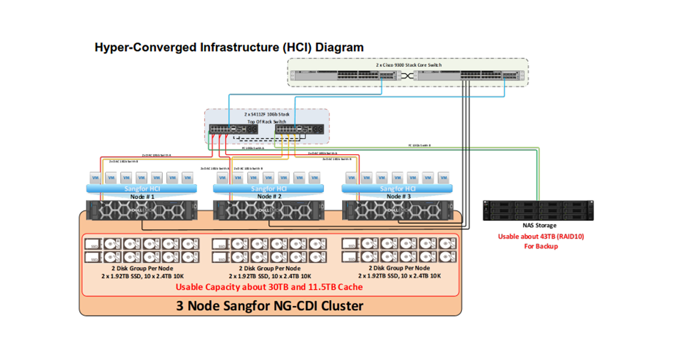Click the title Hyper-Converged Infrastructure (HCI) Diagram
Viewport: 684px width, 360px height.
[x=229, y=47]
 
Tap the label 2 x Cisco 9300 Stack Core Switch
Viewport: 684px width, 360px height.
[x=408, y=64]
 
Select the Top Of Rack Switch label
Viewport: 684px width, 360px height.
[x=268, y=121]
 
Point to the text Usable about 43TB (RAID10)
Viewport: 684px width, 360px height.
[x=541, y=236]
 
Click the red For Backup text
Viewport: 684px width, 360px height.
[x=541, y=246]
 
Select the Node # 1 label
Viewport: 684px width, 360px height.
[x=142, y=196]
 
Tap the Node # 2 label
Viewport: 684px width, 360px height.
[x=269, y=196]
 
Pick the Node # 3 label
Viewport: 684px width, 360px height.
[x=398, y=196]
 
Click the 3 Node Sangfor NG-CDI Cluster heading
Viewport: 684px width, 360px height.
[x=269, y=305]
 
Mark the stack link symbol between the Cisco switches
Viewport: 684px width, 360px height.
[x=406, y=76]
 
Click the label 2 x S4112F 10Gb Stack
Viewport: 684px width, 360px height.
[x=268, y=114]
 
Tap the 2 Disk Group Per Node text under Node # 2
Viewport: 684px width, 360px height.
[x=269, y=268]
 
